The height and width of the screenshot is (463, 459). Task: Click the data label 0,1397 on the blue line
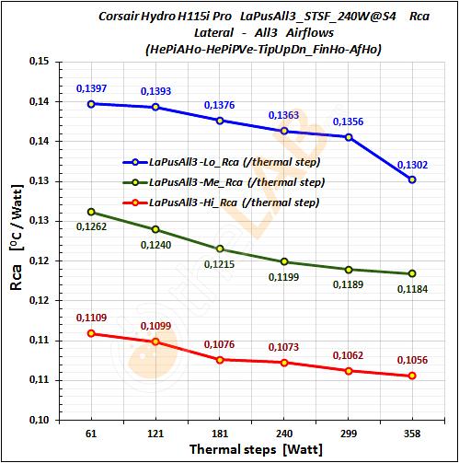coord(90,87)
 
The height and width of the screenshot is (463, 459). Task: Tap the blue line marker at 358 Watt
coord(412,179)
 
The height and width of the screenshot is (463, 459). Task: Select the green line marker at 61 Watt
coord(90,212)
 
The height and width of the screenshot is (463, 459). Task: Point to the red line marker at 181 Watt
coord(219,359)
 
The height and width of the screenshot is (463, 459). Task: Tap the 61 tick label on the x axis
coord(90,433)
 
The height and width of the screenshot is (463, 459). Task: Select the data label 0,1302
coord(409,165)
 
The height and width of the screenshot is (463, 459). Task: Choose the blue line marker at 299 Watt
coord(348,137)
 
